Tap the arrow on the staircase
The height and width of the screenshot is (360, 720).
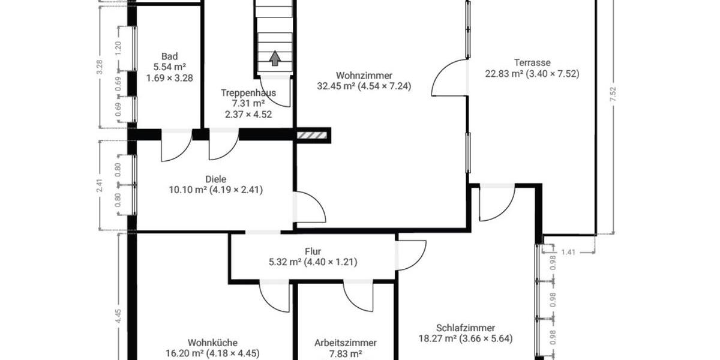click(x=275, y=58)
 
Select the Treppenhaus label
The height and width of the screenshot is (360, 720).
click(x=248, y=93)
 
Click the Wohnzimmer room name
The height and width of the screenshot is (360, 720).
click(x=364, y=76)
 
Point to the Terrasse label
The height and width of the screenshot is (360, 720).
click(x=532, y=62)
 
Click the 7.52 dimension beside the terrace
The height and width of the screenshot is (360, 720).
click(x=613, y=95)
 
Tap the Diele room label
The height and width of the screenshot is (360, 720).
click(x=217, y=179)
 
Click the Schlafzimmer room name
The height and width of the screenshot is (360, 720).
click(x=466, y=328)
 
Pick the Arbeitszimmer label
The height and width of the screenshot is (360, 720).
click(x=346, y=343)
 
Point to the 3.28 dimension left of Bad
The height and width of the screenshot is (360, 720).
click(x=100, y=66)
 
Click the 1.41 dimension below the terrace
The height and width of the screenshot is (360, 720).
click(x=569, y=253)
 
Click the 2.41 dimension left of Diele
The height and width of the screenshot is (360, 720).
click(x=100, y=185)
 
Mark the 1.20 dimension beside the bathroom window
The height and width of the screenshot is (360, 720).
click(x=118, y=47)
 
